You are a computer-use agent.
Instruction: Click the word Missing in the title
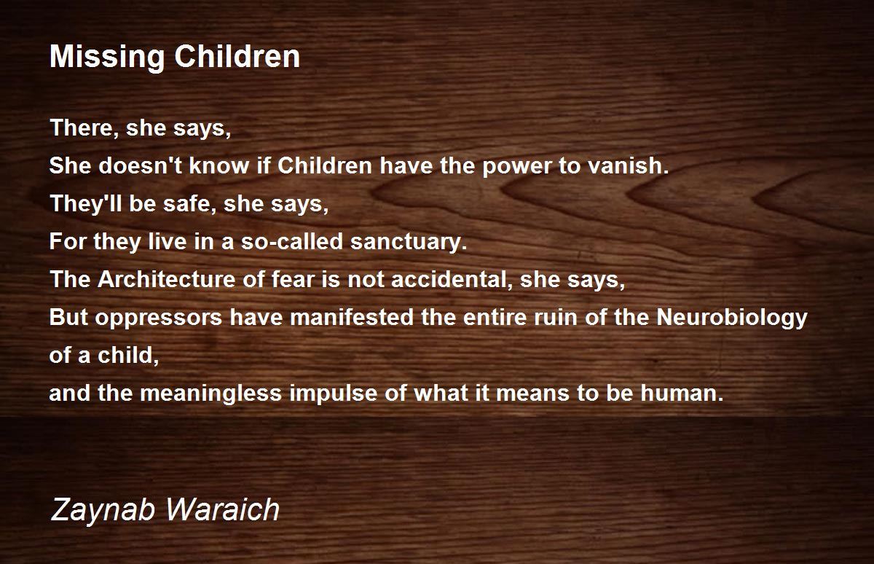[107, 58]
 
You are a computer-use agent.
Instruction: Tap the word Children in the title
[237, 56]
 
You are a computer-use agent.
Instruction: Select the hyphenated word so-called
[292, 241]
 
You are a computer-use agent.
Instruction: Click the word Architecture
[166, 279]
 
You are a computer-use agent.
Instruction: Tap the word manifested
[352, 316]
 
